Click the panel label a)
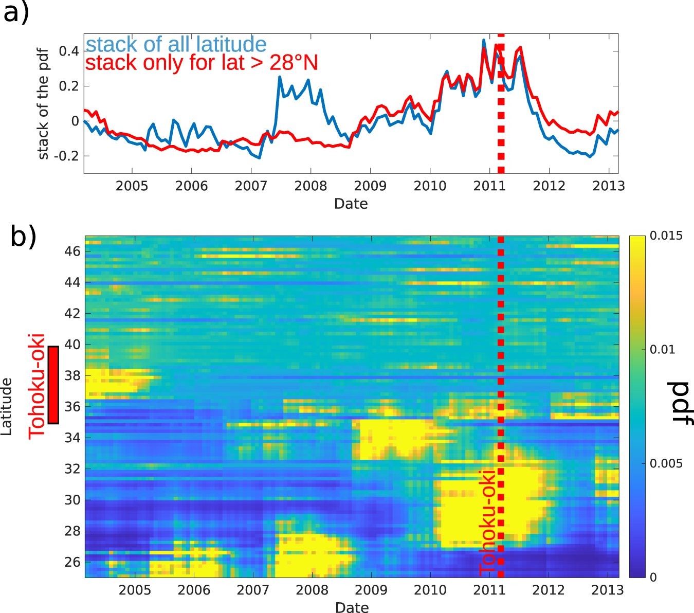coord(16,12)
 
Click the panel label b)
coord(23,236)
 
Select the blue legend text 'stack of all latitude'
coord(176,45)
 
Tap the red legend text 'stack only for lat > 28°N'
coord(202,63)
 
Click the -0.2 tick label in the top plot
coord(66,156)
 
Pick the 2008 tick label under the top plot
coord(311,186)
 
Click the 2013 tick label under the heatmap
coord(607,590)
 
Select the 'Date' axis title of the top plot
coord(351,204)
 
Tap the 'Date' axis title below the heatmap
coord(352,607)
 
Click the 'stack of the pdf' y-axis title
coord(43,103)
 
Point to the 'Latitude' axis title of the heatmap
coord(6,406)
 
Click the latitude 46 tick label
coord(72,251)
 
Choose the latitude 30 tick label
coord(72,500)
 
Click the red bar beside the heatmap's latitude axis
coord(53,385)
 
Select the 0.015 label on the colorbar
coord(666,236)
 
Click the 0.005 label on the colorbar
coord(666,463)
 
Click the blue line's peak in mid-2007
coord(280,77)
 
